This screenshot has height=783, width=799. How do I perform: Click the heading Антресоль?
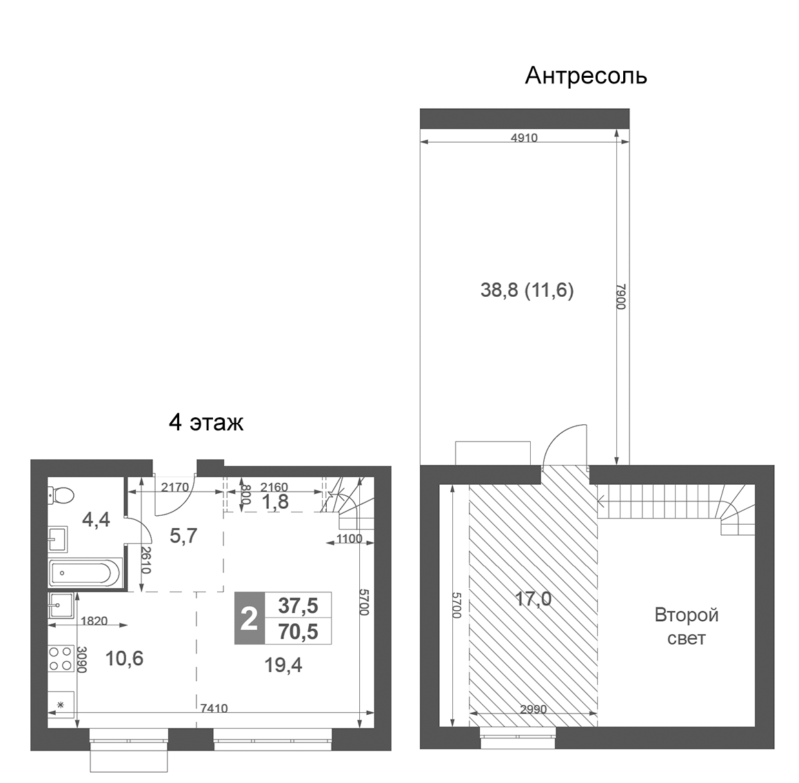585,75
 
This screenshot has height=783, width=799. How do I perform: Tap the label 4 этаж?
206,422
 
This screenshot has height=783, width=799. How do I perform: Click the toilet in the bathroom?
60,494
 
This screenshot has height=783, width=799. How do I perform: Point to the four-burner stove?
61,657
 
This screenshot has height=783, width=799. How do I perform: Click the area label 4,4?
96,519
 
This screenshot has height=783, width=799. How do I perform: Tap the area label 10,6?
124,658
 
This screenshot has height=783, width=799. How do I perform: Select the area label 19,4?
283,665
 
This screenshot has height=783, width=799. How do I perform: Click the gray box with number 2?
247,618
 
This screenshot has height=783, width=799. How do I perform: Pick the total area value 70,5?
298,631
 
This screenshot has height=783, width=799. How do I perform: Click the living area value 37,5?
298,605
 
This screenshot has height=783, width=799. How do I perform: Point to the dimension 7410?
214,708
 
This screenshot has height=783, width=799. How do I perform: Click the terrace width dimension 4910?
524,138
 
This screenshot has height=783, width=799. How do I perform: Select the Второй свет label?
686,626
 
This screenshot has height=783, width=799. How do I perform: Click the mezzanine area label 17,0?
533,599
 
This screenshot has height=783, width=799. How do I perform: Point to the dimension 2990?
533,709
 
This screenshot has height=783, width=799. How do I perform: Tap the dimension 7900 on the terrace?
620,296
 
